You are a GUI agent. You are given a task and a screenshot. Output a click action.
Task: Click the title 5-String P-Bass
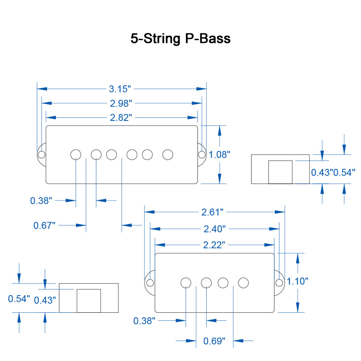tap(180, 39)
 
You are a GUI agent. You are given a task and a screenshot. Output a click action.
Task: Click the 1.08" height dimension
tap(220, 154)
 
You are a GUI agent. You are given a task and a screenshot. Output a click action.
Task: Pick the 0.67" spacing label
tap(44, 225)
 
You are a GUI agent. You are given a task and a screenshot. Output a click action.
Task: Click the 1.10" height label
tap(297, 282)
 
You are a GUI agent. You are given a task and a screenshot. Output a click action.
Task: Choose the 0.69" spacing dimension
tap(214, 341)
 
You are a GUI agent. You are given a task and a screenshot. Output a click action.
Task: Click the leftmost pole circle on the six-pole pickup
tap(76, 154)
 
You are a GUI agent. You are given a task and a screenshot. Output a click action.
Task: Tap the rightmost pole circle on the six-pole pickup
tap(168, 154)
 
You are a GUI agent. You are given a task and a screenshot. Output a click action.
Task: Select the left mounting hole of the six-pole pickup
tap(41, 154)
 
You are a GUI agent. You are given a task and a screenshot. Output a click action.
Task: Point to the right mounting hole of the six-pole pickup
tap(201, 154)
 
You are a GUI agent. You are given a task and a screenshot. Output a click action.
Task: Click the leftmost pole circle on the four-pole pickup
tap(185, 282)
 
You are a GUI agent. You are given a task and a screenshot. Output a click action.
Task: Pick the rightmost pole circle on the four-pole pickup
tap(244, 282)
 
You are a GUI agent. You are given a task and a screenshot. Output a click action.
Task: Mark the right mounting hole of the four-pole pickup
tap(279, 282)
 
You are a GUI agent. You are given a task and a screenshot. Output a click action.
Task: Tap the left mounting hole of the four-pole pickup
tap(150, 282)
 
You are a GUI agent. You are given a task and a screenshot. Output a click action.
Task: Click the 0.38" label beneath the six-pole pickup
tap(41, 200)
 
